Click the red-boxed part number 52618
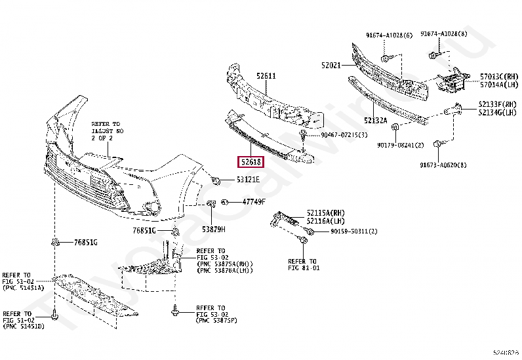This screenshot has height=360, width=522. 251,161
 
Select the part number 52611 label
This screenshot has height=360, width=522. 266,76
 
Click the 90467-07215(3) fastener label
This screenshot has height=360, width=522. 344,135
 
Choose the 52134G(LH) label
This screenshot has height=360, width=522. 499,113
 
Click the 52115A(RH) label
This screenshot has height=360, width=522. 326,212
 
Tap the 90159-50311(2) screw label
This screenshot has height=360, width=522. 354,231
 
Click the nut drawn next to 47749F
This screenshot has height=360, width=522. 224,202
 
